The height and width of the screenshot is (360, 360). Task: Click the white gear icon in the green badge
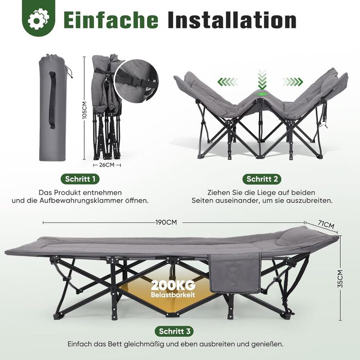(39, 19)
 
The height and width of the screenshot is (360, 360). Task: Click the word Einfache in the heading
(111, 21)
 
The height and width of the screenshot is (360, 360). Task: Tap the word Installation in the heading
(232, 21)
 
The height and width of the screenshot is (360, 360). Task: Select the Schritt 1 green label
(80, 179)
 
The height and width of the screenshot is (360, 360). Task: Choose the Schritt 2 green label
(262, 179)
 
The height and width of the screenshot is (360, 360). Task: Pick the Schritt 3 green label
(174, 331)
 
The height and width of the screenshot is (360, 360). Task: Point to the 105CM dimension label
(84, 111)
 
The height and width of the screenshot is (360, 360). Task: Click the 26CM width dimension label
(107, 165)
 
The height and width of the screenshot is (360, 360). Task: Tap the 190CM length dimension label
(166, 222)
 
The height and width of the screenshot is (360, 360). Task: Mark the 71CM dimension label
(326, 224)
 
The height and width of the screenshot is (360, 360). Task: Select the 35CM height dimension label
(340, 279)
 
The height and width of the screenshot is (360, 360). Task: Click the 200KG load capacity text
(173, 285)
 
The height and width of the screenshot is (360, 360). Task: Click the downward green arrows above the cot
(262, 79)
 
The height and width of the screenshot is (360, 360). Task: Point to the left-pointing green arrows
(228, 81)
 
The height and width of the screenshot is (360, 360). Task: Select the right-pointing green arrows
(293, 81)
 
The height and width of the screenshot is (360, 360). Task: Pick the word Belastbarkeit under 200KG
(173, 295)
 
